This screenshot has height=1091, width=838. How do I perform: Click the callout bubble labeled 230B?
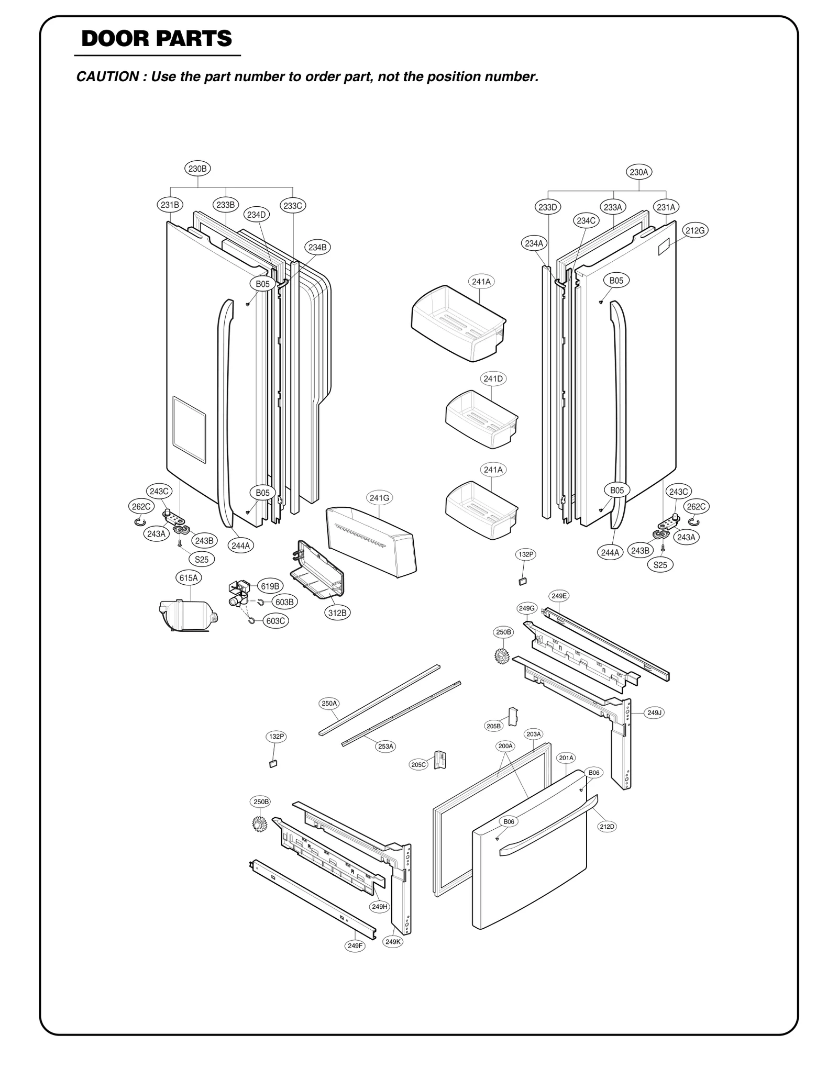click(x=198, y=169)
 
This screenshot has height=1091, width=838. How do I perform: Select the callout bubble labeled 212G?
click(x=696, y=230)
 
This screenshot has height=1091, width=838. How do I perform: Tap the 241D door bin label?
click(x=493, y=378)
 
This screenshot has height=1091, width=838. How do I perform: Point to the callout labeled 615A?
click(x=189, y=578)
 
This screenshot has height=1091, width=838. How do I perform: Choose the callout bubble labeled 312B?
click(x=337, y=613)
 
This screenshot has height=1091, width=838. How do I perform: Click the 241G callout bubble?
click(x=379, y=498)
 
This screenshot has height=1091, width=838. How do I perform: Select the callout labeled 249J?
click(x=655, y=713)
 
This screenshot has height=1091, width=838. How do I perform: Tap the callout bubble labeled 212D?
click(x=607, y=826)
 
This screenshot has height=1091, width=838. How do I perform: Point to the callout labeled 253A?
click(x=385, y=746)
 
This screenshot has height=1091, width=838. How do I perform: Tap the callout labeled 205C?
click(x=418, y=765)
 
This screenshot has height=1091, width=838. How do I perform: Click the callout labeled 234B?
click(x=317, y=247)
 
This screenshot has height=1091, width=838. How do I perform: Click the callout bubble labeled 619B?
click(x=270, y=586)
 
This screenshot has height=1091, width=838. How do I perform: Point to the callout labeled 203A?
click(x=533, y=734)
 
